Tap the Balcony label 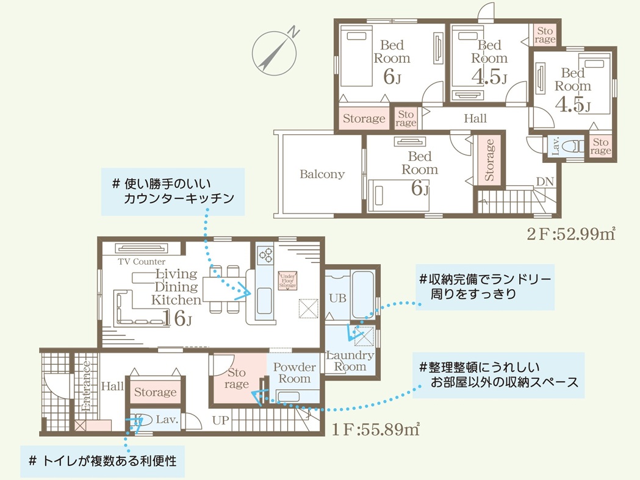click(x=322, y=174)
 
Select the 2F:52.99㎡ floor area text click(x=570, y=234)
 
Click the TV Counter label click(x=142, y=262)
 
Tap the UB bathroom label click(x=337, y=299)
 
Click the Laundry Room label click(x=350, y=360)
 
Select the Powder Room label click(x=295, y=373)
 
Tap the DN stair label click(x=544, y=181)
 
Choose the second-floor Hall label click(x=475, y=118)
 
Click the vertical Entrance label click(x=87, y=386)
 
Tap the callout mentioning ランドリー click(x=484, y=287)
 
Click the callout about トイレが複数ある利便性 click(x=102, y=460)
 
